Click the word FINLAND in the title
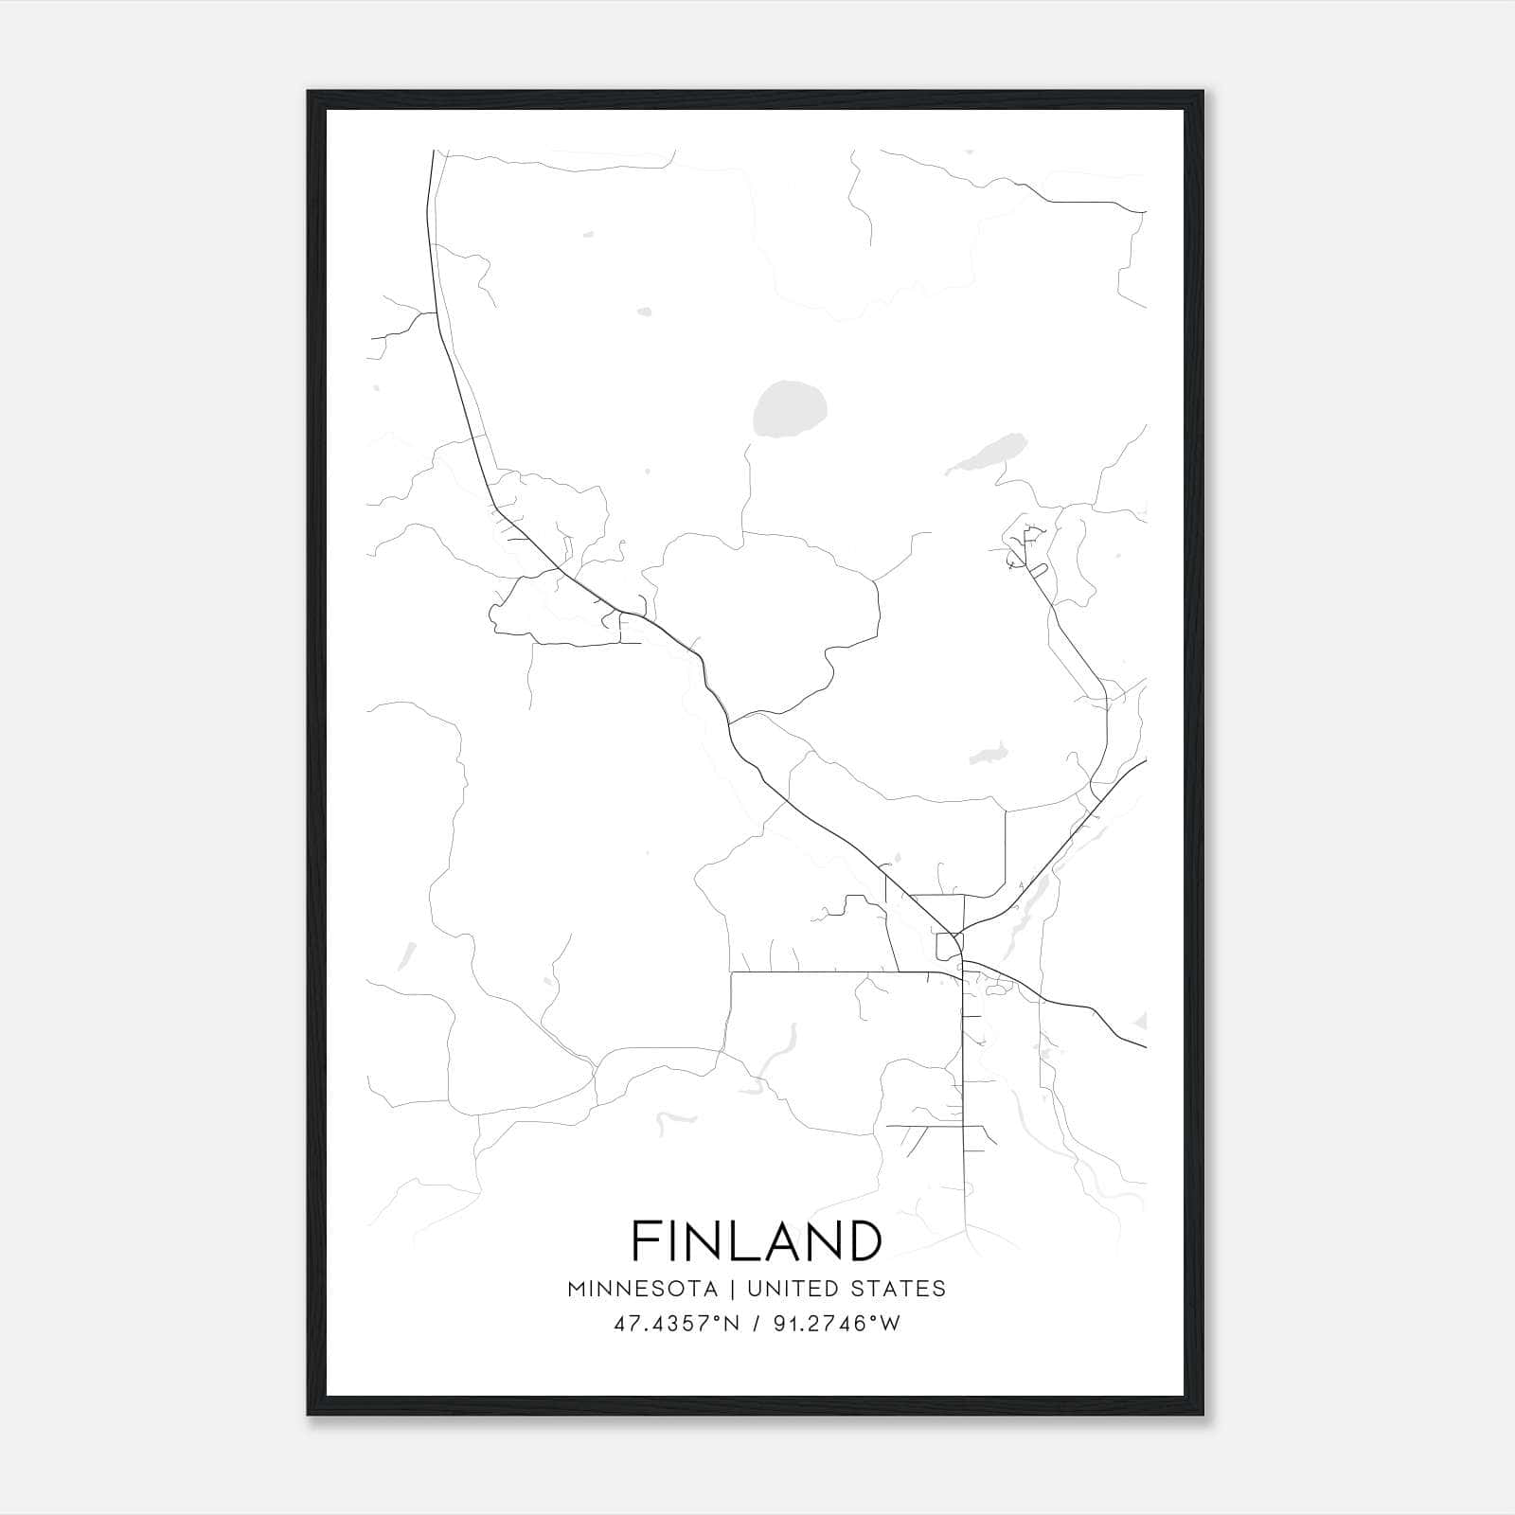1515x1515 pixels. point(757,1240)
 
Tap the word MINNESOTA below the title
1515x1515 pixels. point(649,1289)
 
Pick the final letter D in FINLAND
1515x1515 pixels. point(865,1240)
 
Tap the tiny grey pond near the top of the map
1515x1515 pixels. point(645,311)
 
